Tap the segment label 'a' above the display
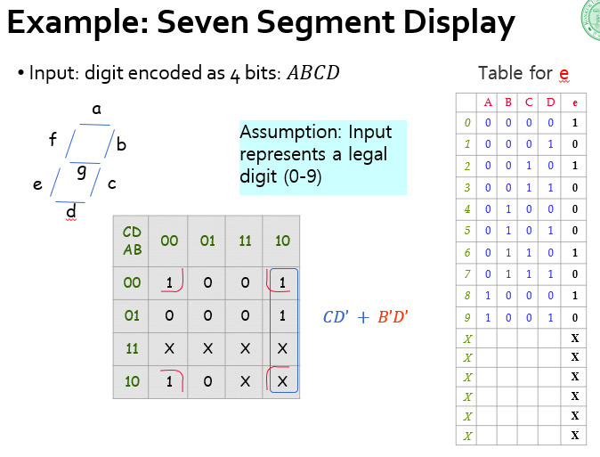(x=96, y=110)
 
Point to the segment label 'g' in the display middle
(x=81, y=170)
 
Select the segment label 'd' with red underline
(x=71, y=211)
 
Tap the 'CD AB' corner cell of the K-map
(x=132, y=241)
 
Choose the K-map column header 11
(x=244, y=241)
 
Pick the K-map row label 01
(x=132, y=315)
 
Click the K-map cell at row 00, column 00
(x=169, y=282)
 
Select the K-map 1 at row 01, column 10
(x=281, y=315)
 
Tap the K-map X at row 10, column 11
(x=244, y=381)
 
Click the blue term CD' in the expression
(x=339, y=316)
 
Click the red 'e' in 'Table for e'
(x=564, y=73)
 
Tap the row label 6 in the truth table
(x=467, y=253)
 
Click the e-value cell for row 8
(x=575, y=297)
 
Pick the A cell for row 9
(x=487, y=318)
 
